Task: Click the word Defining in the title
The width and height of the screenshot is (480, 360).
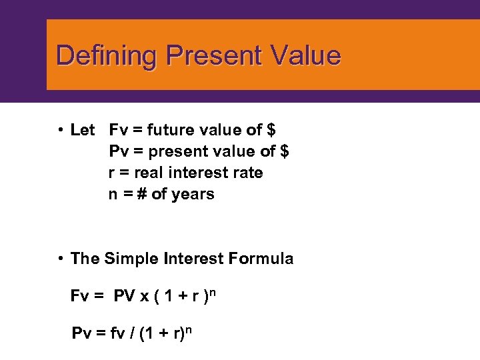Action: pyautogui.click(x=107, y=56)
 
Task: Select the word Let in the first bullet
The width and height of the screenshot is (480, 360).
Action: pyautogui.click(x=83, y=130)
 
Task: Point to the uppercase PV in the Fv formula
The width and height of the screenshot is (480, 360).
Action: pyautogui.click(x=125, y=295)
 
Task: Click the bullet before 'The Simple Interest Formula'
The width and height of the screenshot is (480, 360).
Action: pyautogui.click(x=60, y=259)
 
